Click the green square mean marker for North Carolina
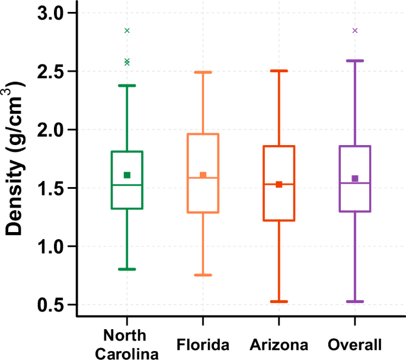pos(127,175)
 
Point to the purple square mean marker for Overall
pos(355,178)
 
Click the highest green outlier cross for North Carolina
pos(127,30)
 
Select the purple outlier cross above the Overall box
pos(355,30)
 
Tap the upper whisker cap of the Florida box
pos(203,72)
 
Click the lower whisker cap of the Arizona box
pos(279,301)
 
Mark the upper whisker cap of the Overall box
pos(355,60)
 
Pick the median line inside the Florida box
pos(203,178)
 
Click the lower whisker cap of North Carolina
pos(127,269)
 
